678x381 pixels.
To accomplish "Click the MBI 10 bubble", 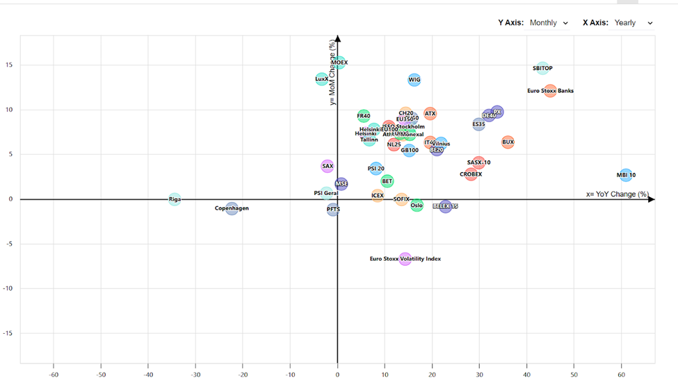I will pyautogui.click(x=626, y=176).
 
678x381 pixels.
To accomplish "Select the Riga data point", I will pyautogui.click(x=175, y=199).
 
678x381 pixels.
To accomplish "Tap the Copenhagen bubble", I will pyautogui.click(x=232, y=208).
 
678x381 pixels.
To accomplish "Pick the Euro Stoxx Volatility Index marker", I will pyautogui.click(x=405, y=259).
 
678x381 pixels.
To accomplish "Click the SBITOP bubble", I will pyautogui.click(x=542, y=69).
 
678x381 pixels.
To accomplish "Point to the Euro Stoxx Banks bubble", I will pyautogui.click(x=550, y=91).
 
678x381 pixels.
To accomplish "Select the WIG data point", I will pyautogui.click(x=414, y=80).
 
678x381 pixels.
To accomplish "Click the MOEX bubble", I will pyautogui.click(x=339, y=62).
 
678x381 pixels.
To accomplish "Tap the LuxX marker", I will pyautogui.click(x=321, y=79).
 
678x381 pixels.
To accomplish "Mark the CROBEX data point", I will pyautogui.click(x=471, y=174).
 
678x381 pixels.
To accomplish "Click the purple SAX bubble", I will pyautogui.click(x=328, y=167).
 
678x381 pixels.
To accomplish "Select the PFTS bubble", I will pyautogui.click(x=333, y=209).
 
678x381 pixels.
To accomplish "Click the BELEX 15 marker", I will pyautogui.click(x=445, y=206).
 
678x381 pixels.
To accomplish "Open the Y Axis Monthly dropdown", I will pyautogui.click(x=549, y=23).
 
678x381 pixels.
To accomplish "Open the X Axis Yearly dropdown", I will pyautogui.click(x=632, y=23).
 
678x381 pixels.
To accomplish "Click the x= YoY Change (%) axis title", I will pyautogui.click(x=617, y=194).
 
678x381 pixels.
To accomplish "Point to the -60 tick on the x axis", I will pyautogui.click(x=54, y=375).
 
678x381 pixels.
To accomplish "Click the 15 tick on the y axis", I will pyautogui.click(x=10, y=65).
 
